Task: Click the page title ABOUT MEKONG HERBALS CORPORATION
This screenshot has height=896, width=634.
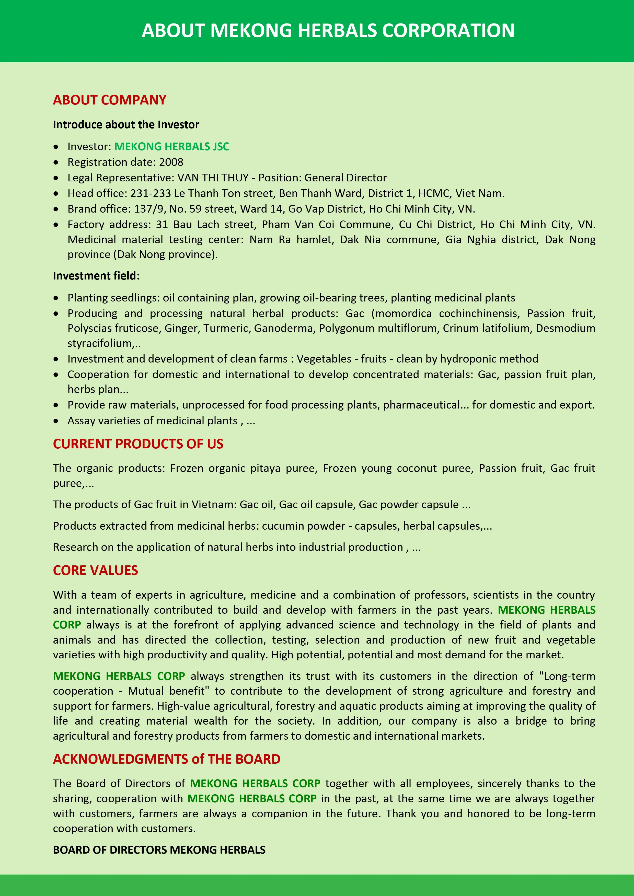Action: coord(328,30)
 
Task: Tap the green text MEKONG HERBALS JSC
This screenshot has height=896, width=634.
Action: coord(172,146)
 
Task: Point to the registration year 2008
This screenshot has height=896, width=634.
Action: coord(171,162)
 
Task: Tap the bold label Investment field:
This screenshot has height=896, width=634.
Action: coord(96,276)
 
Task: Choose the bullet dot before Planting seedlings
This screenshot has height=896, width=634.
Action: coord(56,298)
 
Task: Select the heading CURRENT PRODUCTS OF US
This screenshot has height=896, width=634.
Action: coord(138,444)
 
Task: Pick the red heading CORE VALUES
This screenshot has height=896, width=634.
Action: coord(95,571)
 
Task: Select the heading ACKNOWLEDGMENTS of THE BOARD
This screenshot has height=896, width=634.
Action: coord(167,759)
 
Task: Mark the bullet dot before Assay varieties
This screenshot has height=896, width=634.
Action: coord(56,421)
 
